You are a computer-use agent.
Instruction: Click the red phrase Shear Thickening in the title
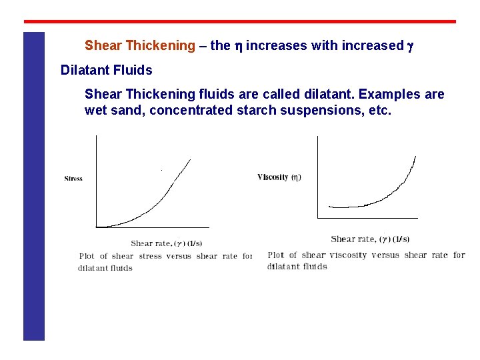click(139, 46)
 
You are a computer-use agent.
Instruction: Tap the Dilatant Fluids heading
click(106, 70)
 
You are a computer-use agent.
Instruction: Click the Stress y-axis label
click(73, 179)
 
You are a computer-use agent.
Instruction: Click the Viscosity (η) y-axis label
click(279, 177)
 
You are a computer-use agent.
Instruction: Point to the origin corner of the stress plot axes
click(97, 227)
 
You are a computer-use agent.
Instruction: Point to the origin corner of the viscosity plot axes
click(317, 217)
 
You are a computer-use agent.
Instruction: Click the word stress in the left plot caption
click(151, 256)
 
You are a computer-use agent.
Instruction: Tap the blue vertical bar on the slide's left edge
click(34, 187)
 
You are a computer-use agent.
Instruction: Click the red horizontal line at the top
click(240, 22)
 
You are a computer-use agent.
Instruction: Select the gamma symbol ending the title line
click(410, 46)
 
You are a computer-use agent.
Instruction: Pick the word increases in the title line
click(273, 46)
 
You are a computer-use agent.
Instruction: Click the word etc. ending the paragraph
click(380, 110)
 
